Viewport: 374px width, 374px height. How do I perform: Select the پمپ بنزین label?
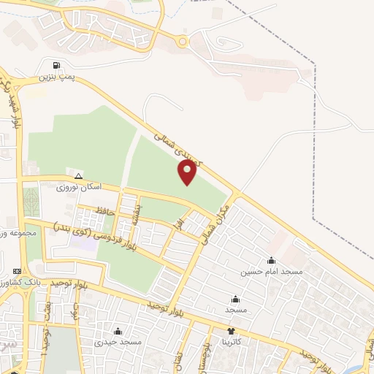coord(58,76)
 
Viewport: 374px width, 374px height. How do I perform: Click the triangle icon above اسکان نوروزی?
coord(79,176)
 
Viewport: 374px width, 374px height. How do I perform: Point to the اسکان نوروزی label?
coord(80,188)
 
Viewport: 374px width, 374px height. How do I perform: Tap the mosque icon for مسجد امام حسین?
coord(272,260)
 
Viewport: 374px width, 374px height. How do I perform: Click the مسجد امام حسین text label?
coord(272,272)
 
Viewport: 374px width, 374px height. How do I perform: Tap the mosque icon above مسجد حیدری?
coord(118,331)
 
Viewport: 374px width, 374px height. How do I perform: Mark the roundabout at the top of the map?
coord(183,42)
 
